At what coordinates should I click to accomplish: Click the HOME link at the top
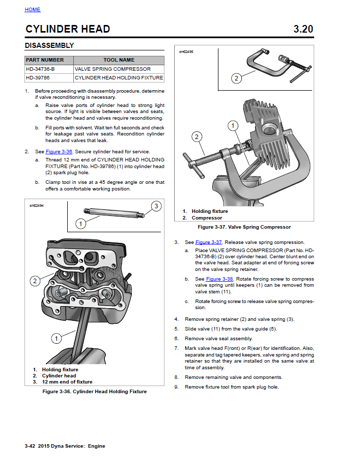[x=32, y=10]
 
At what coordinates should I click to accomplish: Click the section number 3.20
[x=303, y=29]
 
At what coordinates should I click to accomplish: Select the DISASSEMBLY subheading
[x=49, y=45]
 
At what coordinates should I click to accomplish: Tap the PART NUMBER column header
[x=45, y=60]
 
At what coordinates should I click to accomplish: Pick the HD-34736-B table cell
[x=40, y=69]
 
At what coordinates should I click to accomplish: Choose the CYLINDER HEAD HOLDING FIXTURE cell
[x=119, y=78]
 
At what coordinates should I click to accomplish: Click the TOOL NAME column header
[x=119, y=60]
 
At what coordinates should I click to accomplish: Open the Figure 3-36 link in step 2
[x=59, y=152]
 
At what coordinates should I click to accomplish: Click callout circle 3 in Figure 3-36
[x=156, y=206]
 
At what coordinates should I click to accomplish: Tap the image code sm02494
[x=36, y=206]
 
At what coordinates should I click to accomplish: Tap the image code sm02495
[x=186, y=52]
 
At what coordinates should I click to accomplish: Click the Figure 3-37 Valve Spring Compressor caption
[x=244, y=227]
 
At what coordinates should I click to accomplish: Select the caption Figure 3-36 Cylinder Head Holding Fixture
[x=94, y=392]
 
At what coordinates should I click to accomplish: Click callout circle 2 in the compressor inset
[x=236, y=78]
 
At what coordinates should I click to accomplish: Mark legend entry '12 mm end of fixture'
[x=67, y=382]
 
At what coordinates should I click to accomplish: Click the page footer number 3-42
[x=32, y=446]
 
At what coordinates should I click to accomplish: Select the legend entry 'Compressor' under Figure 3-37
[x=207, y=218]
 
